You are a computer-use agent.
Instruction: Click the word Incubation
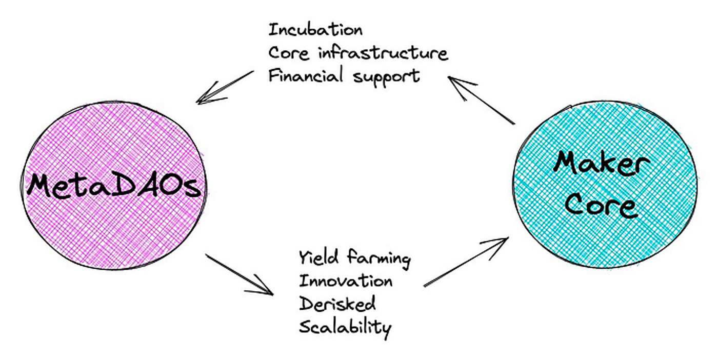click(315, 30)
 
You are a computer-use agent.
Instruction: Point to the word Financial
click(305, 76)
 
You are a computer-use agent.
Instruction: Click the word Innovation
click(346, 281)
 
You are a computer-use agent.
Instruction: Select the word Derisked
click(337, 304)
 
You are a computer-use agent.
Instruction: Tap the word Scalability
click(345, 327)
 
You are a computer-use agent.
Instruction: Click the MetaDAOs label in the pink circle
click(114, 186)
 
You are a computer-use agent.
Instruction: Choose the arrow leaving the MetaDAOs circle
click(239, 274)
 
